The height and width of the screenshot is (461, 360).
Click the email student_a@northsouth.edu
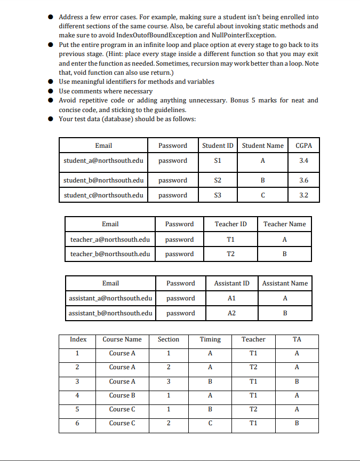tap(103, 161)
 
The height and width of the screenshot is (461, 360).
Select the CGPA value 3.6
tap(303, 180)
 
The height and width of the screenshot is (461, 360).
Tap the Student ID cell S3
tap(217, 195)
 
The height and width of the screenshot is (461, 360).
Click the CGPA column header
tap(303, 146)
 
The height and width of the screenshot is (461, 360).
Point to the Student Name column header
tap(262, 146)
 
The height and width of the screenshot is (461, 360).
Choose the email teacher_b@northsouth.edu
tap(110, 254)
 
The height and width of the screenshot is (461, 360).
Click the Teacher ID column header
tap(230, 224)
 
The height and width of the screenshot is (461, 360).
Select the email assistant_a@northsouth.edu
tap(111, 298)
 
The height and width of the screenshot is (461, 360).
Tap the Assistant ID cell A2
tap(231, 313)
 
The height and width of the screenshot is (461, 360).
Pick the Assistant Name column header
tap(285, 283)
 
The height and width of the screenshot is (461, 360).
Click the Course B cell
tap(122, 395)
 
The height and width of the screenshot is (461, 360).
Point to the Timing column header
tap(210, 339)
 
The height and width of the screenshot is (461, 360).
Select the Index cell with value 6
tap(77, 423)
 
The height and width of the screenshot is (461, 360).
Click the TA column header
tap(297, 339)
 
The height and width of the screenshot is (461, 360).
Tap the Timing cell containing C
tap(210, 423)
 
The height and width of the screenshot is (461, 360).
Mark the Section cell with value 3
tap(168, 381)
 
